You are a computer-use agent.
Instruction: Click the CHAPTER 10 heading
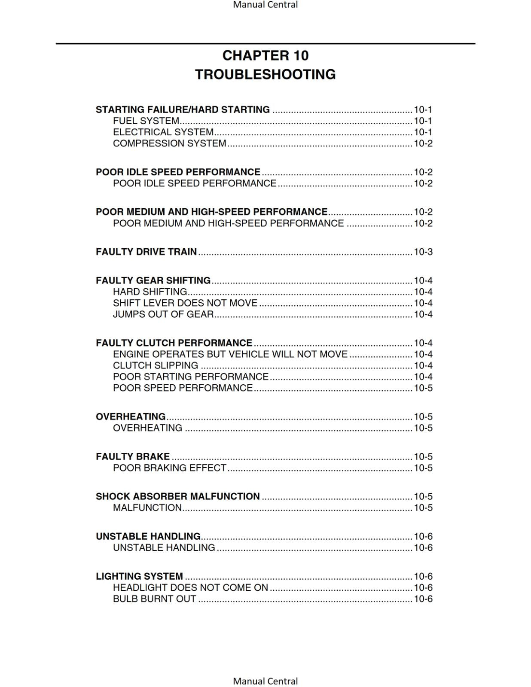(x=265, y=55)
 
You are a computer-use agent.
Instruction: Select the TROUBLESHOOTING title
(x=265, y=74)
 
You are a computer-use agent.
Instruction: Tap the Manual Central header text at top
(x=265, y=5)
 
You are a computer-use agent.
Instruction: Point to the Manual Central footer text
(x=265, y=681)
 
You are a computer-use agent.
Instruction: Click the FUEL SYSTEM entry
(x=146, y=121)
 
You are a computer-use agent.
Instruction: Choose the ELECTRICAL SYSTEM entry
(x=163, y=132)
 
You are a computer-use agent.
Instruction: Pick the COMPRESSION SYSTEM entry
(x=169, y=143)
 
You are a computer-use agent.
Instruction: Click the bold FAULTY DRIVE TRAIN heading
(x=146, y=252)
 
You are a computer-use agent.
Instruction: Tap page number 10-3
(x=423, y=252)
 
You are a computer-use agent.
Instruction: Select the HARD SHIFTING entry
(x=150, y=292)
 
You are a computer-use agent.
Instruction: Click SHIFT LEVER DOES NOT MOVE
(x=185, y=303)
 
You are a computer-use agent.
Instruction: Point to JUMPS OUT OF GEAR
(x=163, y=314)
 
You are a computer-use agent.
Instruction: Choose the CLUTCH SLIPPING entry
(x=156, y=365)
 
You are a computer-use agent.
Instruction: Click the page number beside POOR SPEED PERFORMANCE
(x=423, y=388)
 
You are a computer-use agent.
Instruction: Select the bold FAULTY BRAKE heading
(x=132, y=456)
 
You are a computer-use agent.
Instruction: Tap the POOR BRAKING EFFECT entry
(x=169, y=468)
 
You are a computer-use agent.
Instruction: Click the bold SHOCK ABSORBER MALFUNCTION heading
(x=177, y=496)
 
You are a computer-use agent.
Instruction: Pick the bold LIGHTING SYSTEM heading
(x=139, y=576)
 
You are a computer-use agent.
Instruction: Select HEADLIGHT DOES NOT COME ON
(x=190, y=587)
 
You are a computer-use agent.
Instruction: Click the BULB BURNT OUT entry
(x=154, y=599)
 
